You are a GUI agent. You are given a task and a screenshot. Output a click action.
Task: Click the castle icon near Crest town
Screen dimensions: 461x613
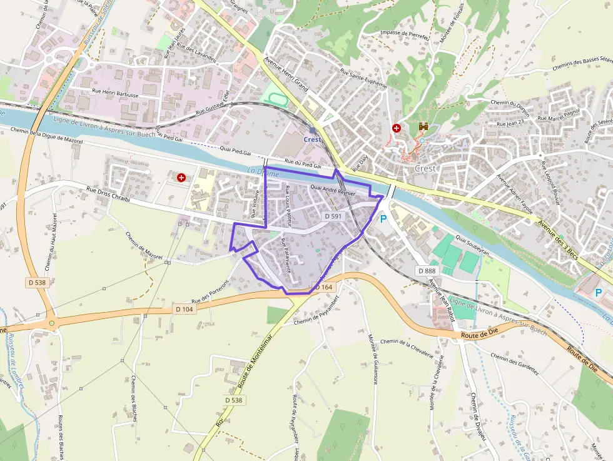point(423,127)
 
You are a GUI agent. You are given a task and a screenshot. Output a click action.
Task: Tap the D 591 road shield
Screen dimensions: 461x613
point(333,216)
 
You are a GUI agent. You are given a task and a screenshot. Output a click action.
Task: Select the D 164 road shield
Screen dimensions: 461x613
point(324,287)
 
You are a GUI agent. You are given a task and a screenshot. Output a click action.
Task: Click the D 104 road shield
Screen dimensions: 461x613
point(185,309)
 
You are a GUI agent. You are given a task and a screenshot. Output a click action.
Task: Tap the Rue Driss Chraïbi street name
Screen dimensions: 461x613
point(108,195)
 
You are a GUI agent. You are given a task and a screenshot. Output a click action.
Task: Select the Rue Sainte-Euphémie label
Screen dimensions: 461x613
point(355,83)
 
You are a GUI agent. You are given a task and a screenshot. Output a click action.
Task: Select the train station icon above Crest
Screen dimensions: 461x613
point(312,130)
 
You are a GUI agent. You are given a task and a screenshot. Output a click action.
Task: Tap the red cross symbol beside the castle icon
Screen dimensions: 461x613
point(396,128)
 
